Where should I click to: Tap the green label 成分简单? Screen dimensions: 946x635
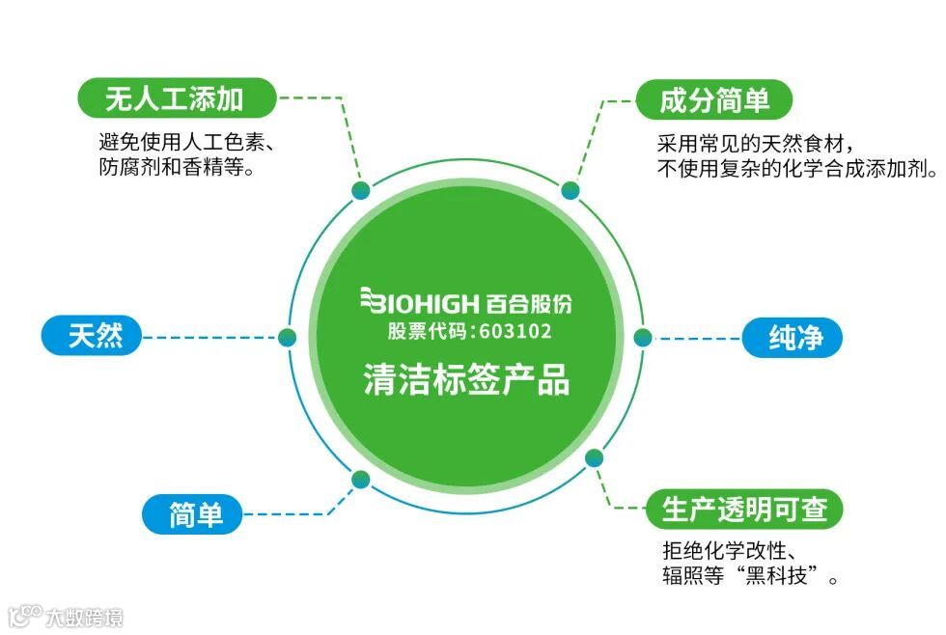click(x=714, y=99)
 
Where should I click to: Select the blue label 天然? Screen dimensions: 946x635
click(x=95, y=336)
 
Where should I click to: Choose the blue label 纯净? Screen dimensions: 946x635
click(x=793, y=338)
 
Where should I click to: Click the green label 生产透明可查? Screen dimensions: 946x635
click(x=744, y=509)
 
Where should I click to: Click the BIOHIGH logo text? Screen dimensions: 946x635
click(x=420, y=304)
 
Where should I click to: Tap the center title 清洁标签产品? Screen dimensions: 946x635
click(x=466, y=378)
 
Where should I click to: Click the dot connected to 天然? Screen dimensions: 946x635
click(x=287, y=337)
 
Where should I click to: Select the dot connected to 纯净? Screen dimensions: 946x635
click(x=643, y=337)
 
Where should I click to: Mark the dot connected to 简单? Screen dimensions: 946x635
click(x=362, y=479)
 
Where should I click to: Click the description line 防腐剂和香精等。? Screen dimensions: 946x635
click(x=169, y=167)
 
